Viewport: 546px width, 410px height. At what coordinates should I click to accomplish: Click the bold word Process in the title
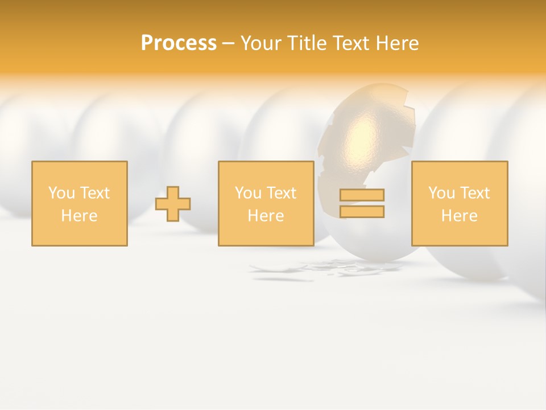coord(179,43)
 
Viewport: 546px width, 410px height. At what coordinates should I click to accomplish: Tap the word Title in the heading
coord(308,43)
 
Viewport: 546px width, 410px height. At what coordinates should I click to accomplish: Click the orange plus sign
coord(173,204)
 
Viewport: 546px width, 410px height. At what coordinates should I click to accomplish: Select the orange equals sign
coord(362,203)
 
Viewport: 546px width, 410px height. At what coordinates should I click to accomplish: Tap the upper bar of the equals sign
coord(362,195)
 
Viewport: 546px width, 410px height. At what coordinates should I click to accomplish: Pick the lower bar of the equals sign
coord(362,211)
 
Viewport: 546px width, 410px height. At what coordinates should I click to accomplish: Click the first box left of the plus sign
coord(79,203)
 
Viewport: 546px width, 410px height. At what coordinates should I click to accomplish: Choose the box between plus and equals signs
coord(266,203)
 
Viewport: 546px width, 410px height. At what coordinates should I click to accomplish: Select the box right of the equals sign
coord(459,203)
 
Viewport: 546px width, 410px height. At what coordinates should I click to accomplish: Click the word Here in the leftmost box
coord(79,216)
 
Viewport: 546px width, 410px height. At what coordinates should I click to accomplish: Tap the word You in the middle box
coord(248,193)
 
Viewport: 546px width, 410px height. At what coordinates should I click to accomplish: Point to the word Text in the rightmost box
coord(474,193)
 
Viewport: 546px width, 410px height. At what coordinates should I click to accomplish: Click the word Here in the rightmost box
coord(459,216)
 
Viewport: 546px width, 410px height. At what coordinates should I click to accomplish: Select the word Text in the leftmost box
coord(94,193)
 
